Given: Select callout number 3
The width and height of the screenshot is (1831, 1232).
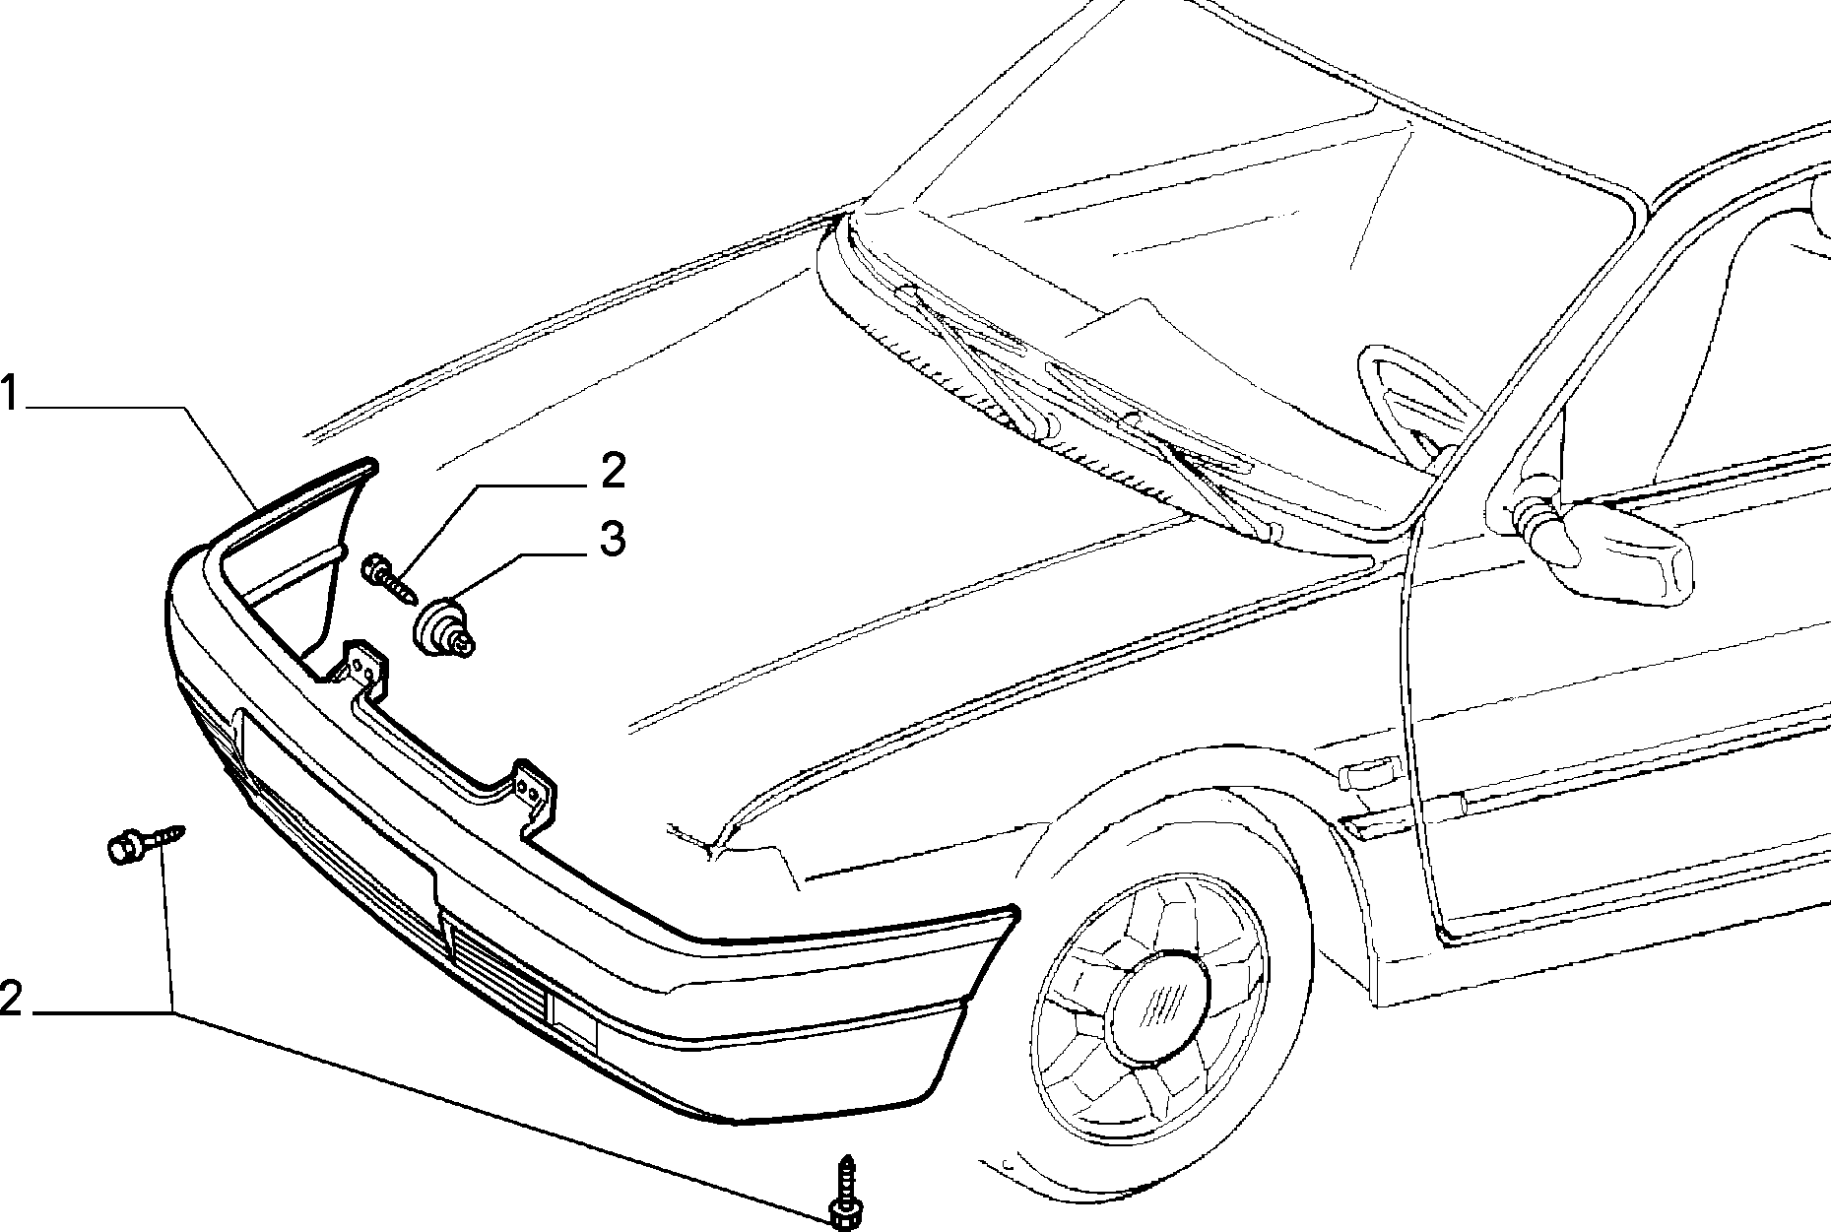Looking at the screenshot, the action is pyautogui.click(x=612, y=539).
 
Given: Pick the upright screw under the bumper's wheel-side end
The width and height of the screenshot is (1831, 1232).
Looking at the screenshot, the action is pyautogui.click(x=844, y=1191).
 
